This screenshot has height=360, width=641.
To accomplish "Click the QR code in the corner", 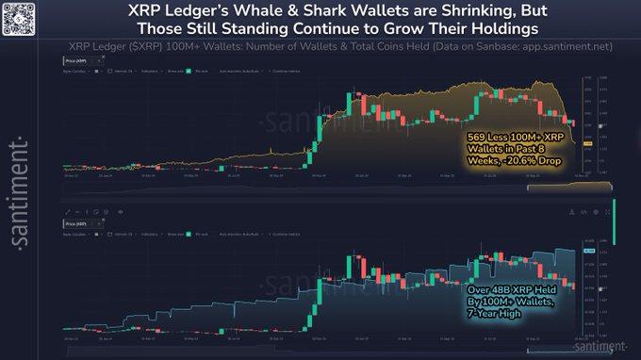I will pos(18,17).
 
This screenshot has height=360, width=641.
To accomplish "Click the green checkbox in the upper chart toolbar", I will pos(188,72).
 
